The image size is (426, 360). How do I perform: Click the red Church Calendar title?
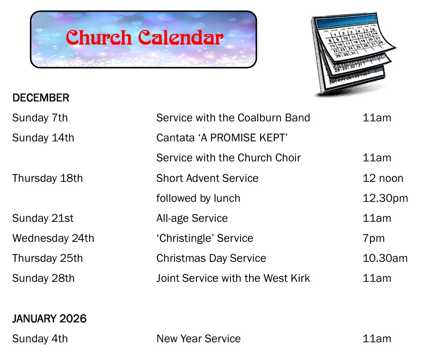(144, 38)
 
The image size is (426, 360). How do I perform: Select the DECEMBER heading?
(41, 98)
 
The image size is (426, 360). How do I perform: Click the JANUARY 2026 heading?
(49, 319)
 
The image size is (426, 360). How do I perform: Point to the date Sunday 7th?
(40, 118)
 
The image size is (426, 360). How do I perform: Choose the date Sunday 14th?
(43, 138)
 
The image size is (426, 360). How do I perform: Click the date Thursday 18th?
(47, 178)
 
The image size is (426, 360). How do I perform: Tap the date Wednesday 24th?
(53, 238)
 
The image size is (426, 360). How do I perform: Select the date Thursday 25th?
(47, 258)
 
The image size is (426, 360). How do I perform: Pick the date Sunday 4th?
(40, 339)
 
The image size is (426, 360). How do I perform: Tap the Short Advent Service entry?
(207, 178)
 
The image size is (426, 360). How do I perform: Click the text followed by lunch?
(198, 198)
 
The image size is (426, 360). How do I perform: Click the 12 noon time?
(383, 178)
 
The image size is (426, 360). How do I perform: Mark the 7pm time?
(374, 238)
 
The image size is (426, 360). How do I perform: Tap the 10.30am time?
(385, 258)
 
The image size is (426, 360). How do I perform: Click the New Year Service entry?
(199, 339)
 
